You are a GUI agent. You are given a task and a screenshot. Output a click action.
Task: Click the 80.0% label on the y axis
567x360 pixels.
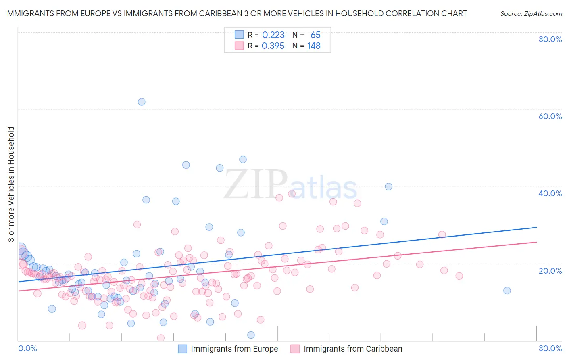pos(550,39)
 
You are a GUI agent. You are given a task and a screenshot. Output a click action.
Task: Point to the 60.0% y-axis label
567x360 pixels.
pos(550,116)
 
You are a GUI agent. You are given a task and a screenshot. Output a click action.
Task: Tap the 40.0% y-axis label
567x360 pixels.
pos(550,193)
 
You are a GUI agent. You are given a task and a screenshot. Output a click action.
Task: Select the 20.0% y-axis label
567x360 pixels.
pos(550,270)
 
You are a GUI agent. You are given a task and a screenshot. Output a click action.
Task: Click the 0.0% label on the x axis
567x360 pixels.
pos(27,348)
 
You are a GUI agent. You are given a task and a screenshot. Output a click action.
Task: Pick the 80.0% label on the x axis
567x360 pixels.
pos(550,348)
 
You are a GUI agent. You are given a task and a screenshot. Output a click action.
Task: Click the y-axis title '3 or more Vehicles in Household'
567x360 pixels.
pos(11,184)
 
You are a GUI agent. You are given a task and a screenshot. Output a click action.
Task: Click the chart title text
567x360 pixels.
pos(236,13)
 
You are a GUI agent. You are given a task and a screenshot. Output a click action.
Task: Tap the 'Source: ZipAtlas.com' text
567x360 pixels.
pos(531,13)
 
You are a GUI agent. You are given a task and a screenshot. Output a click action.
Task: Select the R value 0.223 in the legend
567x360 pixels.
pos(273,35)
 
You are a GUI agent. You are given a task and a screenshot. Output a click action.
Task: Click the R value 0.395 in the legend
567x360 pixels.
pos(273,46)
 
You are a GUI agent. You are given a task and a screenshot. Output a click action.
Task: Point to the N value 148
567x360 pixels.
pos(314,46)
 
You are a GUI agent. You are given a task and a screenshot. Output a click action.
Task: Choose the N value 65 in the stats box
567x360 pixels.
pos(315,35)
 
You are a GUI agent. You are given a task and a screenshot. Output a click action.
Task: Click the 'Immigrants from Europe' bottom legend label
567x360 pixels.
pos(234,349)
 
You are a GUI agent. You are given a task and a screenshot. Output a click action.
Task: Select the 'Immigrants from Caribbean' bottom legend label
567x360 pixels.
pos(353,349)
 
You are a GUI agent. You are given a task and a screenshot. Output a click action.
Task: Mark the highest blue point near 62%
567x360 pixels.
pos(142,102)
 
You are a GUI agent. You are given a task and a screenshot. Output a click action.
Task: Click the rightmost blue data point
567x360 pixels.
pos(507,291)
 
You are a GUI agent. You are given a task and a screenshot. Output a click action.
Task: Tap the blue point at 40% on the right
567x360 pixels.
pos(388,186)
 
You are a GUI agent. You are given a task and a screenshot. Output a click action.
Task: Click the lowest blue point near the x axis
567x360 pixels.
pos(251,335)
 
